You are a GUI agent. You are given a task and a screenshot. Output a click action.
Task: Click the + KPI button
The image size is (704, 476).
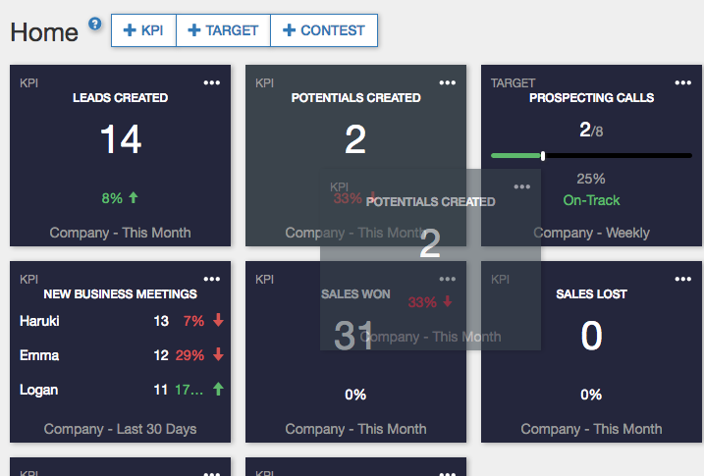point(143,30)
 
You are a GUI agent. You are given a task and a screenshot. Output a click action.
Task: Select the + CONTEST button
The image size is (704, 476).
point(323,30)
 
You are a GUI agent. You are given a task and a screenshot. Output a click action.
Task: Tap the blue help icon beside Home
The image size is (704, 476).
point(95,24)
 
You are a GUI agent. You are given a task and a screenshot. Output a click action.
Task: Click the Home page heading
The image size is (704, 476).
point(44,32)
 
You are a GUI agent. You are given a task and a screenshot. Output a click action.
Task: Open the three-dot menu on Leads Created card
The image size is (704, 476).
point(212,83)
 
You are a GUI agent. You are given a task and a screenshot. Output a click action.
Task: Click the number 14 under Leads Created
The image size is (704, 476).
point(121,140)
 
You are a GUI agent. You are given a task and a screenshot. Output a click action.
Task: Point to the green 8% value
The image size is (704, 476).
point(113,198)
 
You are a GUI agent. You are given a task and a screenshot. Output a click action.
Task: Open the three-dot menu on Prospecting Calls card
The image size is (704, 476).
point(683,83)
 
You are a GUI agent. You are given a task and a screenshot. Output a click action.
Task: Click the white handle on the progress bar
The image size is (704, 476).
point(543,155)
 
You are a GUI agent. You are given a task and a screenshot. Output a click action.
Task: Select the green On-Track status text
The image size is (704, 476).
point(591,200)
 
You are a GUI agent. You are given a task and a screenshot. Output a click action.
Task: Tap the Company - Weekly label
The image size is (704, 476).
point(591,233)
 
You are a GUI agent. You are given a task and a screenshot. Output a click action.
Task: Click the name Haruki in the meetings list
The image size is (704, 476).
point(40,321)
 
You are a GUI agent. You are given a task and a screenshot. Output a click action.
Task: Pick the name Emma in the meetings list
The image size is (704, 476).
point(39,355)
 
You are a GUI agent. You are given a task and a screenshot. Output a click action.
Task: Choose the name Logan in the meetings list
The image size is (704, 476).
point(39,390)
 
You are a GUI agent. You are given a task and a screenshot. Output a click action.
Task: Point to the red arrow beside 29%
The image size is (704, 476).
point(218,355)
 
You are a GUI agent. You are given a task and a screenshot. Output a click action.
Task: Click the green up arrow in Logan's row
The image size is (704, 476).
point(218,390)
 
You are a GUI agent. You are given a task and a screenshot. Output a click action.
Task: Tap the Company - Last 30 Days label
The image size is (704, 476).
point(120,429)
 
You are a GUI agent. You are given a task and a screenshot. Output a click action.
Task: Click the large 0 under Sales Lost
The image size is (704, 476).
point(591,337)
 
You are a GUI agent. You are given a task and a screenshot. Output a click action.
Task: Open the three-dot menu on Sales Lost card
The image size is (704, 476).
point(683,280)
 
